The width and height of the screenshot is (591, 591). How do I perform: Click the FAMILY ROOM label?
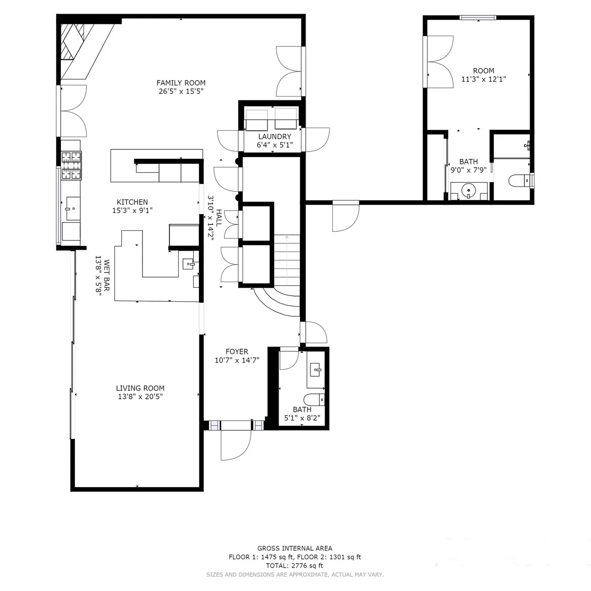pos(181,83)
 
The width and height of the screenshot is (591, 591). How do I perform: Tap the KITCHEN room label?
pos(132,202)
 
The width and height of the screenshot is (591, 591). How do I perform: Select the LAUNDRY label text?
pos(274,137)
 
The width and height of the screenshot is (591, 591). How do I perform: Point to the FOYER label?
pos(237,352)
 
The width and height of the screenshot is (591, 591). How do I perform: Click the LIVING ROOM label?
pos(140,388)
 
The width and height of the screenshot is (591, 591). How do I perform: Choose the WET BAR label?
pos(106,275)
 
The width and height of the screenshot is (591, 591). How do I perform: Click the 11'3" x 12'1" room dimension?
pos(484,79)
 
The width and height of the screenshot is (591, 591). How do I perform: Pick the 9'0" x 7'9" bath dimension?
pos(468,170)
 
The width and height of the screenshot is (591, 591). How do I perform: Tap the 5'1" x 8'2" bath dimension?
pos(302,418)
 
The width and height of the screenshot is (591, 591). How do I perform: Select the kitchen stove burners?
pos(71,165)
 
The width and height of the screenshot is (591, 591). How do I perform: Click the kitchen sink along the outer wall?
pos(73,209)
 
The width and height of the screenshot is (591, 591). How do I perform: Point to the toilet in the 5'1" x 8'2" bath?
pos(314,400)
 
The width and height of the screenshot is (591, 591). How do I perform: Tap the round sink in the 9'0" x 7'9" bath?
pos(468,191)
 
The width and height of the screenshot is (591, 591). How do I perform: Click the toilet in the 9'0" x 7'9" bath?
pos(519,181)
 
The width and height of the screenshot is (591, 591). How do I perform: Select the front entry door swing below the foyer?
pos(236,445)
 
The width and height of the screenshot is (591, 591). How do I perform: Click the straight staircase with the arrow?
pos(287,260)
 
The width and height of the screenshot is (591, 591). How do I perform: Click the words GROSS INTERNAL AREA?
pos(295,548)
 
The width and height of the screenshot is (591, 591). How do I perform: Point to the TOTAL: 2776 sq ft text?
pos(295,565)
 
